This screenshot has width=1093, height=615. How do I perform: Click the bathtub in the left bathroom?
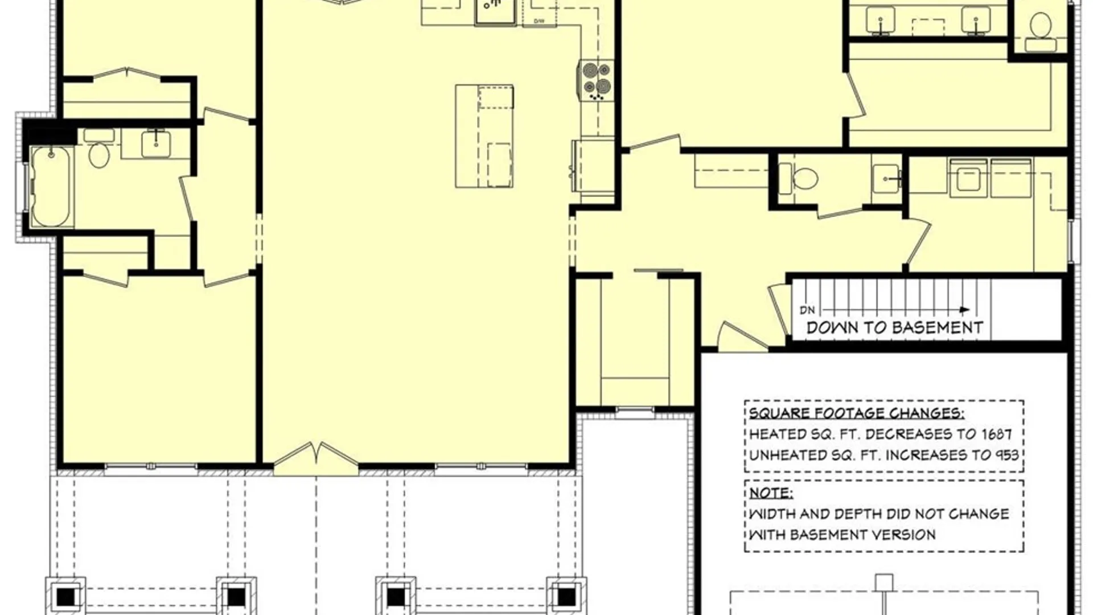(x=51, y=187)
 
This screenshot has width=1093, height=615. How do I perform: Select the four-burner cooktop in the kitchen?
(x=597, y=81)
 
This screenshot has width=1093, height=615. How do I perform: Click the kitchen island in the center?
(x=484, y=136)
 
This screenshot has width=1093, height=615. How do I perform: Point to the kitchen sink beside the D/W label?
(x=496, y=11)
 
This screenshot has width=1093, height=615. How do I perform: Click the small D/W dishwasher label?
(x=539, y=22)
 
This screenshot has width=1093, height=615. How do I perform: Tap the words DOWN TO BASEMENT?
(x=895, y=328)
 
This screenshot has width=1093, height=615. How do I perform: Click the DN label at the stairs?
(x=807, y=310)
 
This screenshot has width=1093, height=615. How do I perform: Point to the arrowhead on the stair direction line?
(x=965, y=310)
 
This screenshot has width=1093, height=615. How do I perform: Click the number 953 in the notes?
(x=1006, y=455)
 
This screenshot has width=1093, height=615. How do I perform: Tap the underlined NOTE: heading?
(x=770, y=493)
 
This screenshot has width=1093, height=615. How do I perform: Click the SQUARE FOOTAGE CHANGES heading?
(x=856, y=414)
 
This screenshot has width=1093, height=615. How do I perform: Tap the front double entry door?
(x=316, y=459)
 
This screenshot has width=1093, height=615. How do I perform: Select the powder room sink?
(x=886, y=178)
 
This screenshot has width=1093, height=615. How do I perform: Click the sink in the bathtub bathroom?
(x=155, y=143)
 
